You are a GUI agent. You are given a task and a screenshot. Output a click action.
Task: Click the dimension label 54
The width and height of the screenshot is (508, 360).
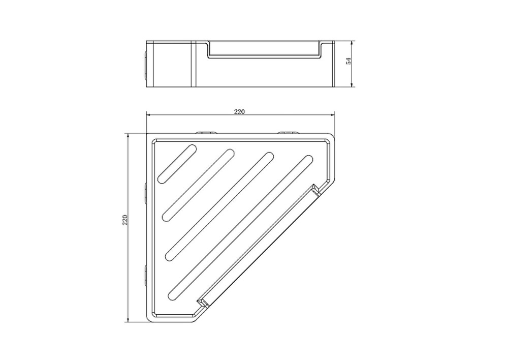(x=348, y=61)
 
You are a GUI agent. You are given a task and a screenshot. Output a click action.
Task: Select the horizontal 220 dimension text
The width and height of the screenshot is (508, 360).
(x=239, y=111)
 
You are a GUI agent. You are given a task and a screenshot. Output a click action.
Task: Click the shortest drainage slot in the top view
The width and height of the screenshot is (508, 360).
(x=177, y=164)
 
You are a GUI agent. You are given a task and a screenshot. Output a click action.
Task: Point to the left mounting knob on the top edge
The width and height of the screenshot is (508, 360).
(x=205, y=132)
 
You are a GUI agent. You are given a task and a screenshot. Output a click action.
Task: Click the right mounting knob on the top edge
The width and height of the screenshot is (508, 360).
(x=288, y=132)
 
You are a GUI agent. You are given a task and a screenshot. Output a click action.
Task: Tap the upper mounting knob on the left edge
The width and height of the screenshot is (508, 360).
(x=145, y=193)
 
